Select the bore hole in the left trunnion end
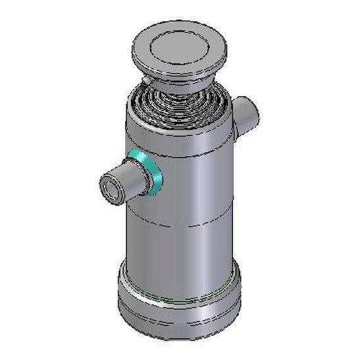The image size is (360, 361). (109, 188)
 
